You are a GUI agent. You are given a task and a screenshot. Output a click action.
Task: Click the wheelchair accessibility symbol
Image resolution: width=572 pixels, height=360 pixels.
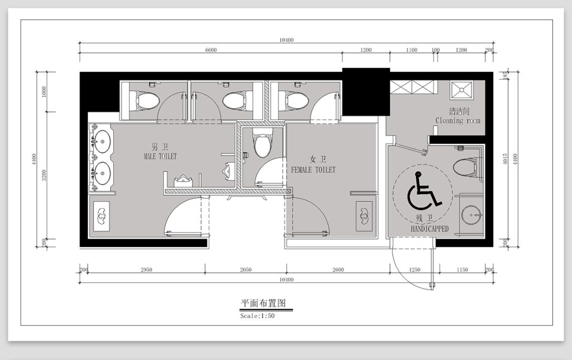click(423, 191)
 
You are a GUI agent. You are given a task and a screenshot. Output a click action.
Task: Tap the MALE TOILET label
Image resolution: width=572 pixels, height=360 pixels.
click(160, 156)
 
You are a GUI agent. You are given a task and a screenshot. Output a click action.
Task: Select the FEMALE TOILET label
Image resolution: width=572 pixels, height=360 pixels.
click(313, 170)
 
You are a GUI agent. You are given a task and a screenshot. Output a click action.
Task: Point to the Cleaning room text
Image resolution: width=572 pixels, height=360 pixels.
click(458, 120)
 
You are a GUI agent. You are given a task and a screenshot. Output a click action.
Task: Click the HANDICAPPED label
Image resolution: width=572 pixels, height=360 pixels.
click(430, 229)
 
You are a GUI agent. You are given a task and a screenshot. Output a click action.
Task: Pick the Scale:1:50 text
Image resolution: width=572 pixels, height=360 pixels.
click(258, 316)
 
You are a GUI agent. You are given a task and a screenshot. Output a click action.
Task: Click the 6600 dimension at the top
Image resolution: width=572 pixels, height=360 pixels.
click(211, 50)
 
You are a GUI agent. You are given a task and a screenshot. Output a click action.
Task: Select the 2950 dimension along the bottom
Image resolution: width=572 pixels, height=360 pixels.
click(146, 270)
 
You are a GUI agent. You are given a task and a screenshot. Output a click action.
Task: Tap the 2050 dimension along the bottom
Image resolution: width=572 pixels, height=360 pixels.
click(246, 270)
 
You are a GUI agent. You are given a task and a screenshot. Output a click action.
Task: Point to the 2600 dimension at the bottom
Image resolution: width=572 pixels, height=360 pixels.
click(338, 270)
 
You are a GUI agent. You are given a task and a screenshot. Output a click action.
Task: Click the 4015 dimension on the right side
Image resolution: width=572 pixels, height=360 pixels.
click(505, 159)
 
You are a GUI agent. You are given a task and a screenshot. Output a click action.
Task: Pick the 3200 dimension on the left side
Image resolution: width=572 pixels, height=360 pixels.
click(44, 175)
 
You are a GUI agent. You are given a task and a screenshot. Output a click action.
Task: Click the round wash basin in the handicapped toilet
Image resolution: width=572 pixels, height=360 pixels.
click(471, 215)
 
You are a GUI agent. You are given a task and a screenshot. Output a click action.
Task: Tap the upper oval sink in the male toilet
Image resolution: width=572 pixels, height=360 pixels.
click(102, 140)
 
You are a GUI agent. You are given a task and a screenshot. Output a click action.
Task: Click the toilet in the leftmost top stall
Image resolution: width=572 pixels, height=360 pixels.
click(145, 100)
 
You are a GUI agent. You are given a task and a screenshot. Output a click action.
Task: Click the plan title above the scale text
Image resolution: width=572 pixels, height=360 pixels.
click(263, 303)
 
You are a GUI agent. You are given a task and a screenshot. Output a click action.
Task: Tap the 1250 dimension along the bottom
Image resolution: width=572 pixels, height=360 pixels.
click(414, 270)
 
